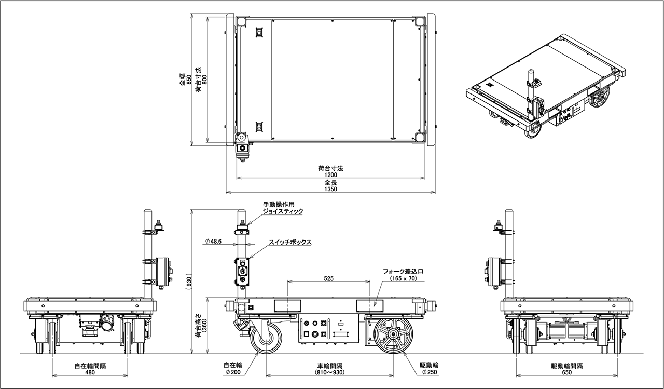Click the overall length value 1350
coord(330,189)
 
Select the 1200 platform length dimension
coord(330,175)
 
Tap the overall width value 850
coord(189,79)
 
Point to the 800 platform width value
coord(204,79)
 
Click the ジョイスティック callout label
coord(283,211)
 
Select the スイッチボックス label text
coord(290,242)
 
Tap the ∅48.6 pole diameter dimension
coord(213,242)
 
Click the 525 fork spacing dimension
coord(329,278)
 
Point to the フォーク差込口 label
coord(403,271)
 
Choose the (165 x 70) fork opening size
coord(403,278)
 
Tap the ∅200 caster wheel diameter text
coord(233,372)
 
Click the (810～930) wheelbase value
coord(330,372)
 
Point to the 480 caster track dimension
coord(90,372)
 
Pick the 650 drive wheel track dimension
coord(567,372)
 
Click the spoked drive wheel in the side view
coord(393,334)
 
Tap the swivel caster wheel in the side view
coord(266,338)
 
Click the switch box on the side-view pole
coord(242,272)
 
